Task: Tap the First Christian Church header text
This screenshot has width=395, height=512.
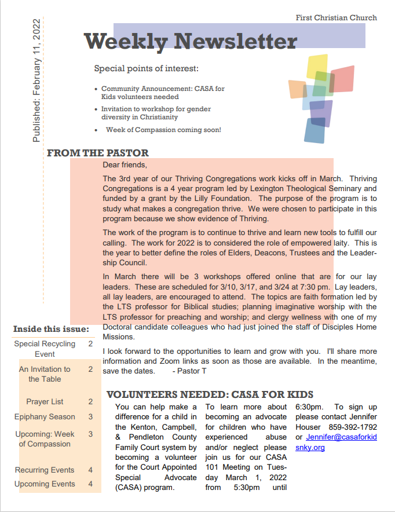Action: coord(336,18)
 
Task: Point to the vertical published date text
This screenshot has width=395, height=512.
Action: coord(36,81)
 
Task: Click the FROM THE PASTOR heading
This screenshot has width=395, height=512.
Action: coord(97,153)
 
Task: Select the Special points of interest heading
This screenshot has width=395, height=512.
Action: coord(146,69)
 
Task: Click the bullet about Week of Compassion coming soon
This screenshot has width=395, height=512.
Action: coord(163,130)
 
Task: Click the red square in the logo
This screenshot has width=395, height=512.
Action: coord(342,79)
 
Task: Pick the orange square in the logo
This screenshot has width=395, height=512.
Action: coord(297,89)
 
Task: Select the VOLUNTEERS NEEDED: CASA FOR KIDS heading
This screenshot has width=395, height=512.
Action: coord(210,395)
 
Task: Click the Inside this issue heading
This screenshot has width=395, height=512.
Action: coord(51,330)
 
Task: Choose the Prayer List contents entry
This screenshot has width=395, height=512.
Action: coord(45,401)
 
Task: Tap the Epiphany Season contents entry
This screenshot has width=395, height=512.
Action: coord(45,416)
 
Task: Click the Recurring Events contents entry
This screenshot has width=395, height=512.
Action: coord(45,470)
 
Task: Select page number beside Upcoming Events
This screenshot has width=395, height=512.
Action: coord(90,484)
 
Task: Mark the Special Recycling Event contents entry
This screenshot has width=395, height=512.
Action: coord(45,349)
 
